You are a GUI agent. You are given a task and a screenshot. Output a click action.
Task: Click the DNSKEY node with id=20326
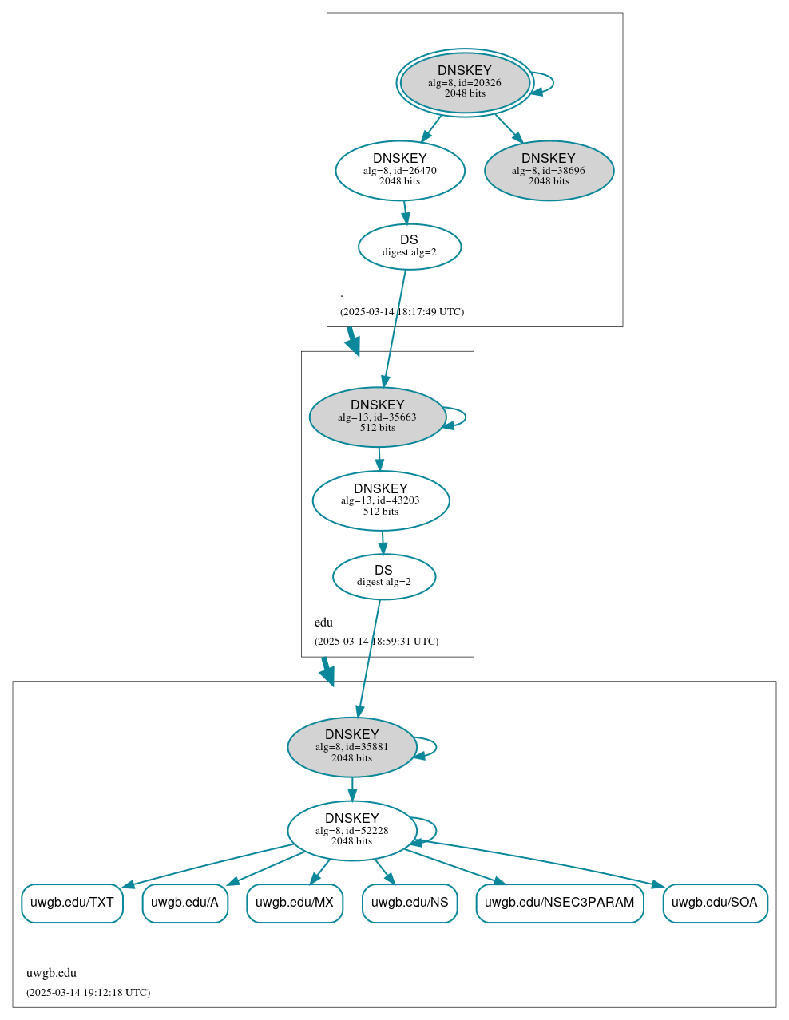pyautogui.click(x=465, y=82)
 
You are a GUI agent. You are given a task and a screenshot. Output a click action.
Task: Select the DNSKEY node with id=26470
pyautogui.click(x=400, y=170)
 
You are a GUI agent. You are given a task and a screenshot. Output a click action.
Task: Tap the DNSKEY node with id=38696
pyautogui.click(x=549, y=170)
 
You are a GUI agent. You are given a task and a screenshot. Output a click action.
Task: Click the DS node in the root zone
pyautogui.click(x=409, y=247)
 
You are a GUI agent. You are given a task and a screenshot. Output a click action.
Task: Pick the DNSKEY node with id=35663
pyautogui.click(x=377, y=417)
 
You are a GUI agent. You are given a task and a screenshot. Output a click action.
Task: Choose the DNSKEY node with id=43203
pyautogui.click(x=380, y=500)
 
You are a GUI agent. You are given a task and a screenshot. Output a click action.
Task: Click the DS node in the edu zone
pyautogui.click(x=383, y=576)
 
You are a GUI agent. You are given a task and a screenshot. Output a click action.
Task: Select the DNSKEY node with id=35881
pyautogui.click(x=351, y=747)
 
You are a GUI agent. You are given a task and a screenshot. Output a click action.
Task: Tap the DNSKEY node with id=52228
pyautogui.click(x=351, y=831)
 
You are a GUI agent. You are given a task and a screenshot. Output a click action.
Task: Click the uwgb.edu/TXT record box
pyautogui.click(x=72, y=903)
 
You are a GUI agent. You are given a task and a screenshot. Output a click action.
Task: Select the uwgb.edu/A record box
pyautogui.click(x=184, y=903)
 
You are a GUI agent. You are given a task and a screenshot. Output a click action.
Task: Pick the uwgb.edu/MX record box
pyautogui.click(x=295, y=903)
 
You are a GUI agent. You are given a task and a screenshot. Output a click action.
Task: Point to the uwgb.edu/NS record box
pyautogui.click(x=410, y=903)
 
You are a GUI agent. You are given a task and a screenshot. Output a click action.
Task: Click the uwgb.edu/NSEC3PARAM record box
pyautogui.click(x=559, y=903)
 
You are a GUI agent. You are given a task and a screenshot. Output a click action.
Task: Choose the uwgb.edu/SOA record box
pyautogui.click(x=715, y=903)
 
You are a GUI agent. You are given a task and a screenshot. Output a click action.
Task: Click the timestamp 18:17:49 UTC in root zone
pyautogui.click(x=402, y=312)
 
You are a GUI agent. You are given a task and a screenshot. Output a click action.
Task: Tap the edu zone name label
pyautogui.click(x=323, y=623)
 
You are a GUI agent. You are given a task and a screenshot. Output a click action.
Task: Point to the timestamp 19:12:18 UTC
pyautogui.click(x=88, y=993)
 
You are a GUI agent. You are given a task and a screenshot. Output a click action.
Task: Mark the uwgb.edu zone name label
pyautogui.click(x=51, y=973)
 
